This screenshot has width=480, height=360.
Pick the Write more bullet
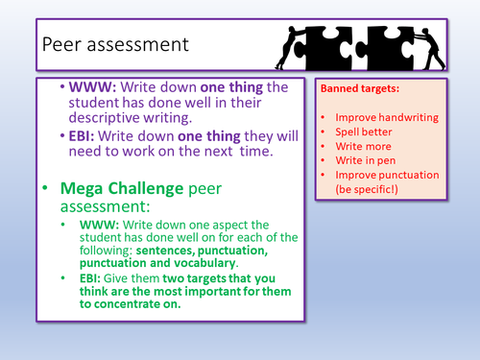click(x=366, y=144)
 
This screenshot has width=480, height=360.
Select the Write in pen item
click(x=370, y=159)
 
